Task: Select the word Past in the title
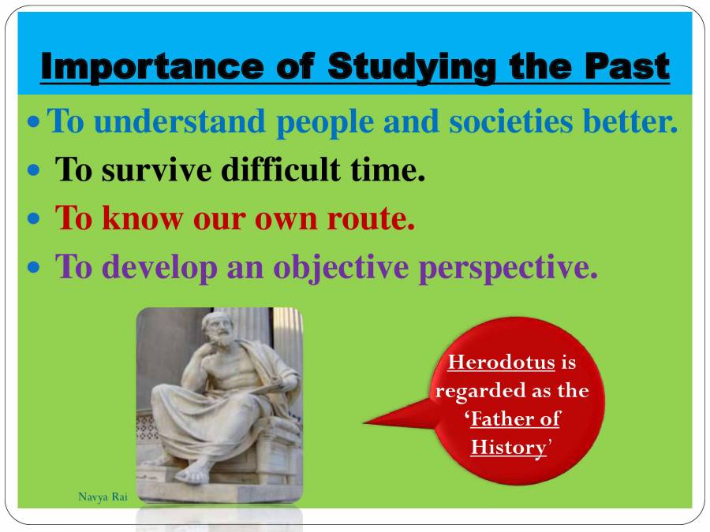point(627,67)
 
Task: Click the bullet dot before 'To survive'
point(33,170)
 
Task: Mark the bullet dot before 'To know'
point(33,219)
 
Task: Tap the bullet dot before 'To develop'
point(33,268)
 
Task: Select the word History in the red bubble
point(508,448)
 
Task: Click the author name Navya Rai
point(103,497)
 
